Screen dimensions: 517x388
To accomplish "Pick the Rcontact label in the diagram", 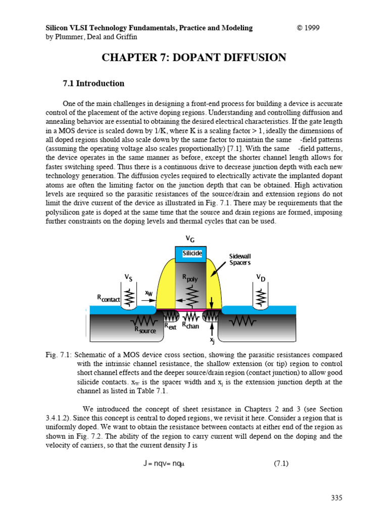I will pos(109,299).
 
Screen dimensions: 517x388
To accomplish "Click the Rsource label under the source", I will pos(144,330).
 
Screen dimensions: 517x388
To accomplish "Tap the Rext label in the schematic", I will pos(170,327).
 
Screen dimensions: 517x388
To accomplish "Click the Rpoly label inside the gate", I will pos(190,278).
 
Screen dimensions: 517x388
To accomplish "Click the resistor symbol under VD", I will pos(260,297).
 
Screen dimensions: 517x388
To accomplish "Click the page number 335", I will pos(336,498).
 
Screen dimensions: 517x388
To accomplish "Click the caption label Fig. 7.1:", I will pos(59,356).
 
